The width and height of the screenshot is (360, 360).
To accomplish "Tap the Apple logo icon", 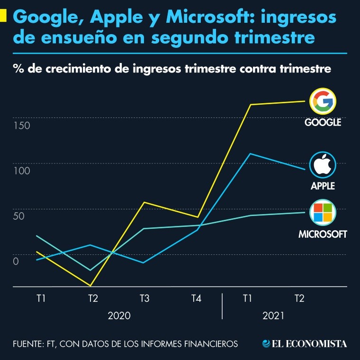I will pyautogui.click(x=323, y=165).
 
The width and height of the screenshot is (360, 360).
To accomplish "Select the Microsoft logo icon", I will pyautogui.click(x=323, y=212).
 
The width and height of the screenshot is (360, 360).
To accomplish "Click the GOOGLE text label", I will pyautogui.click(x=323, y=123).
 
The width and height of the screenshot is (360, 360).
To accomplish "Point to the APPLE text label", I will pyautogui.click(x=323, y=186).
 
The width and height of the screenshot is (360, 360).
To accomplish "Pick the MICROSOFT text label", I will pyautogui.click(x=323, y=234).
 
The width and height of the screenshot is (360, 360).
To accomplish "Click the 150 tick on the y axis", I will pyautogui.click(x=22, y=126).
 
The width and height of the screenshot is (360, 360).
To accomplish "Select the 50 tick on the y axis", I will pyautogui.click(x=18, y=216).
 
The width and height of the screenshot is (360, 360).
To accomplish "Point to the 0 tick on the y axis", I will pyautogui.click(x=16, y=261).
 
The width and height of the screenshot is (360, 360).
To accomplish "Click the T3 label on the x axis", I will pyautogui.click(x=144, y=298).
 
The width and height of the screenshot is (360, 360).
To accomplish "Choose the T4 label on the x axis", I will pyautogui.click(x=196, y=298).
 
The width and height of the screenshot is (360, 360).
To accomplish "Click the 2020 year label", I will pyautogui.click(x=119, y=315).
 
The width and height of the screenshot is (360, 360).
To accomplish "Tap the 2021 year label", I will pyautogui.click(x=273, y=315).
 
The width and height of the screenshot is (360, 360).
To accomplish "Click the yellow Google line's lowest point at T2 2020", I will pyautogui.click(x=90, y=286).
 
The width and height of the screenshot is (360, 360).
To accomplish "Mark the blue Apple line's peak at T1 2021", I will pyautogui.click(x=249, y=153).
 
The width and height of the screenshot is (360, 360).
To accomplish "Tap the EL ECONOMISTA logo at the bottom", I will pyautogui.click(x=305, y=343).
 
